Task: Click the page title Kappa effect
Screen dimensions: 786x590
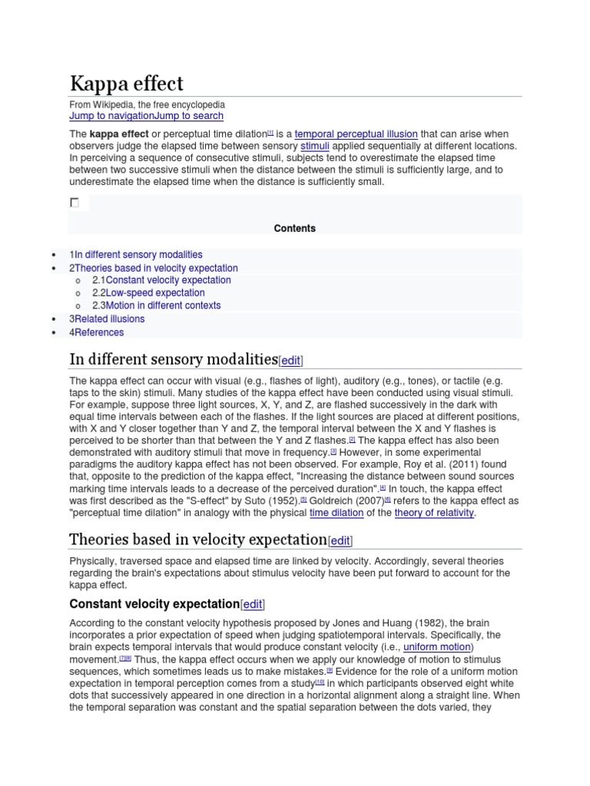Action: pyautogui.click(x=127, y=84)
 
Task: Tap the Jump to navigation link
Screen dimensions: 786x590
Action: pyautogui.click(x=111, y=116)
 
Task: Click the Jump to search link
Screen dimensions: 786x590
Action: pyautogui.click(x=189, y=116)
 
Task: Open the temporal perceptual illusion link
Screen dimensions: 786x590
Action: pyautogui.click(x=356, y=134)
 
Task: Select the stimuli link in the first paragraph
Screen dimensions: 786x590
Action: pyautogui.click(x=314, y=146)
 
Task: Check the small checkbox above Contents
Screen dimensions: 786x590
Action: pyautogui.click(x=75, y=203)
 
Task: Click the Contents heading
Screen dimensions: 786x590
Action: pyautogui.click(x=295, y=229)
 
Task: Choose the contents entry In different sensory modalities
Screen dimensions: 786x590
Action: pyautogui.click(x=138, y=255)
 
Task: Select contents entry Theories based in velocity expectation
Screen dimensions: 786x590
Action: pyautogui.click(x=156, y=268)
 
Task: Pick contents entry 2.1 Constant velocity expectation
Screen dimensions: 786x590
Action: pyautogui.click(x=168, y=280)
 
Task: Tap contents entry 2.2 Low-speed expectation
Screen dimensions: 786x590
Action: pyautogui.click(x=155, y=293)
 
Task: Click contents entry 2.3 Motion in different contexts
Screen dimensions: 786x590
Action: pyautogui.click(x=163, y=305)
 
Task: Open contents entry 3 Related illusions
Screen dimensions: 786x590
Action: pyautogui.click(x=109, y=319)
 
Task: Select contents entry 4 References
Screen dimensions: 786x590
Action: pyautogui.click(x=99, y=332)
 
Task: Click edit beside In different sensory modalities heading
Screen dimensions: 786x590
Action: pyautogui.click(x=291, y=361)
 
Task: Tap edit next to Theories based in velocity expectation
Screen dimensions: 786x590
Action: pyautogui.click(x=340, y=541)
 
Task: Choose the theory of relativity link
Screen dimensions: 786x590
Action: pyautogui.click(x=434, y=514)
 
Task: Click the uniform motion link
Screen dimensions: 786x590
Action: pyautogui.click(x=436, y=648)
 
